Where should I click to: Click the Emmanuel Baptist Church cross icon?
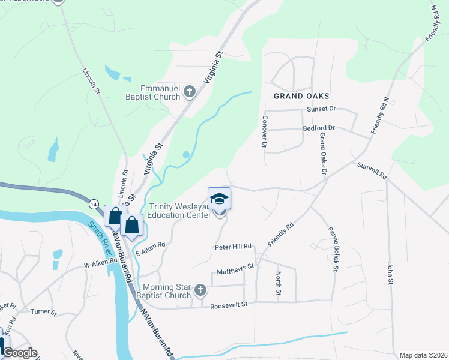coord(190,92)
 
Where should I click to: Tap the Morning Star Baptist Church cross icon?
coord(200,292)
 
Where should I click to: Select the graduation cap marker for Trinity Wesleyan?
coord(219,199)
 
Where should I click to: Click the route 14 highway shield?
coord(94,204)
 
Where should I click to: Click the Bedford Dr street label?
coord(319,128)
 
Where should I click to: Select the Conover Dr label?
coord(264,131)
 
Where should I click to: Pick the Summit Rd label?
coord(372,170)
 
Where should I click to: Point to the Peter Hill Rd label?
coord(232,247)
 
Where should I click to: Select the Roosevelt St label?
coord(229,305)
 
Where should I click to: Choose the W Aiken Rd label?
coord(100,263)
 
